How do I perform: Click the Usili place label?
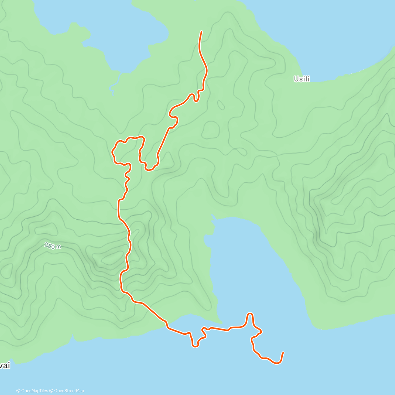pos(302,79)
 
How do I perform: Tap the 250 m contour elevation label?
pos(53,246)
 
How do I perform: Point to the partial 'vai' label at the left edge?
pos(5,366)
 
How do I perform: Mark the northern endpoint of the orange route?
pos(201,32)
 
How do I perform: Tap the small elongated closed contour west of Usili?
pos(221,105)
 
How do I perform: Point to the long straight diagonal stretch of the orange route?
pos(164,142)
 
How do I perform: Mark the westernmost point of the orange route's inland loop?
pos(113,152)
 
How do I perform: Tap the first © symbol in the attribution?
pos(18,391)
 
